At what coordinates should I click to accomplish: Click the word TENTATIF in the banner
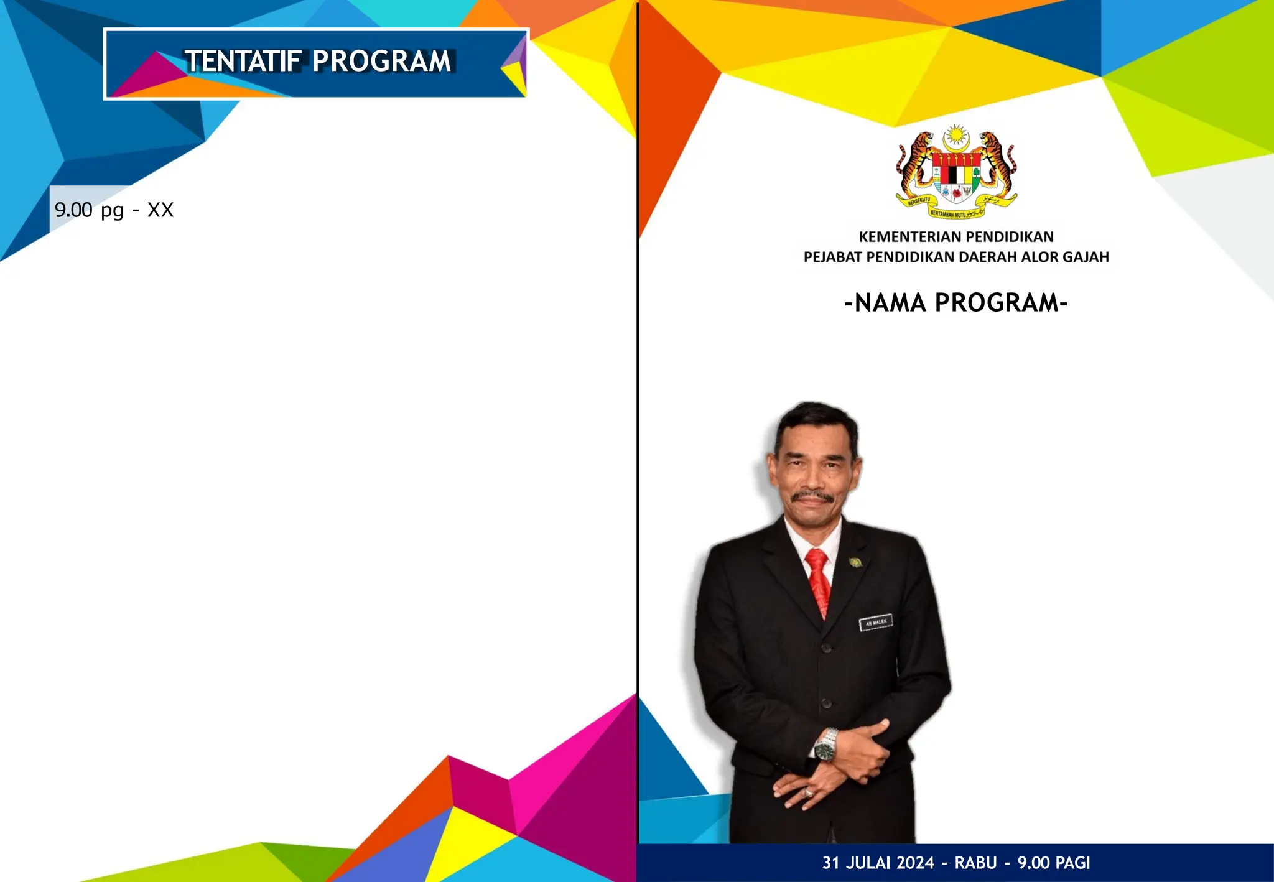243,62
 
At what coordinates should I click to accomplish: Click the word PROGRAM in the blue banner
381,62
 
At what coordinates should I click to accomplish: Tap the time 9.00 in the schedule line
73,210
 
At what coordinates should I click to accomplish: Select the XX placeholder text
160,210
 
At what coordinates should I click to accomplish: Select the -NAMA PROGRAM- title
956,303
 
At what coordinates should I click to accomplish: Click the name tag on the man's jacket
876,622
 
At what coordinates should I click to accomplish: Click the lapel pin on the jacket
856,563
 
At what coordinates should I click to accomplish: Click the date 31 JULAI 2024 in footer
878,863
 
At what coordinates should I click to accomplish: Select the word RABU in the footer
975,863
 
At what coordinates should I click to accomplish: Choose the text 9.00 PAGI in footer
1054,863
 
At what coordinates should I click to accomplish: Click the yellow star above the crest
955,134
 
